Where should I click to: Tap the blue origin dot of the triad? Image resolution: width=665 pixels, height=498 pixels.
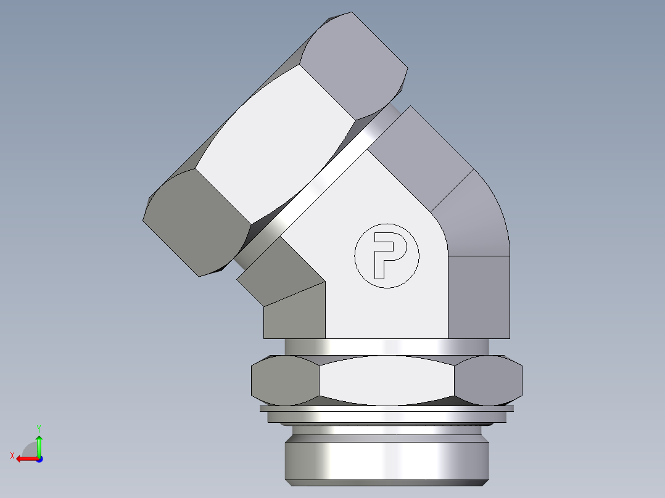pos(39,459)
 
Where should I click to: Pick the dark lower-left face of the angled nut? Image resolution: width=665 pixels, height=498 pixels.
pos(194,225)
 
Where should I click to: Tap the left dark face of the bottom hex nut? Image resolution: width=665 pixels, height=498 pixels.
pos(284,379)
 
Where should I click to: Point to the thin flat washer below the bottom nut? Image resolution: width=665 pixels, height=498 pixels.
pos(387,408)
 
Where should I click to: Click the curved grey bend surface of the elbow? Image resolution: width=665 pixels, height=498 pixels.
pos(478,216)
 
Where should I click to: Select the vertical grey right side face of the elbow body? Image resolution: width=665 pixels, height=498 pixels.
pos(479,296)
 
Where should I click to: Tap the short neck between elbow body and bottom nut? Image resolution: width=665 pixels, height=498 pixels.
pos(387,346)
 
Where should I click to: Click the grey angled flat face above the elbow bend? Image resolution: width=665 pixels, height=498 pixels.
pos(426,154)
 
